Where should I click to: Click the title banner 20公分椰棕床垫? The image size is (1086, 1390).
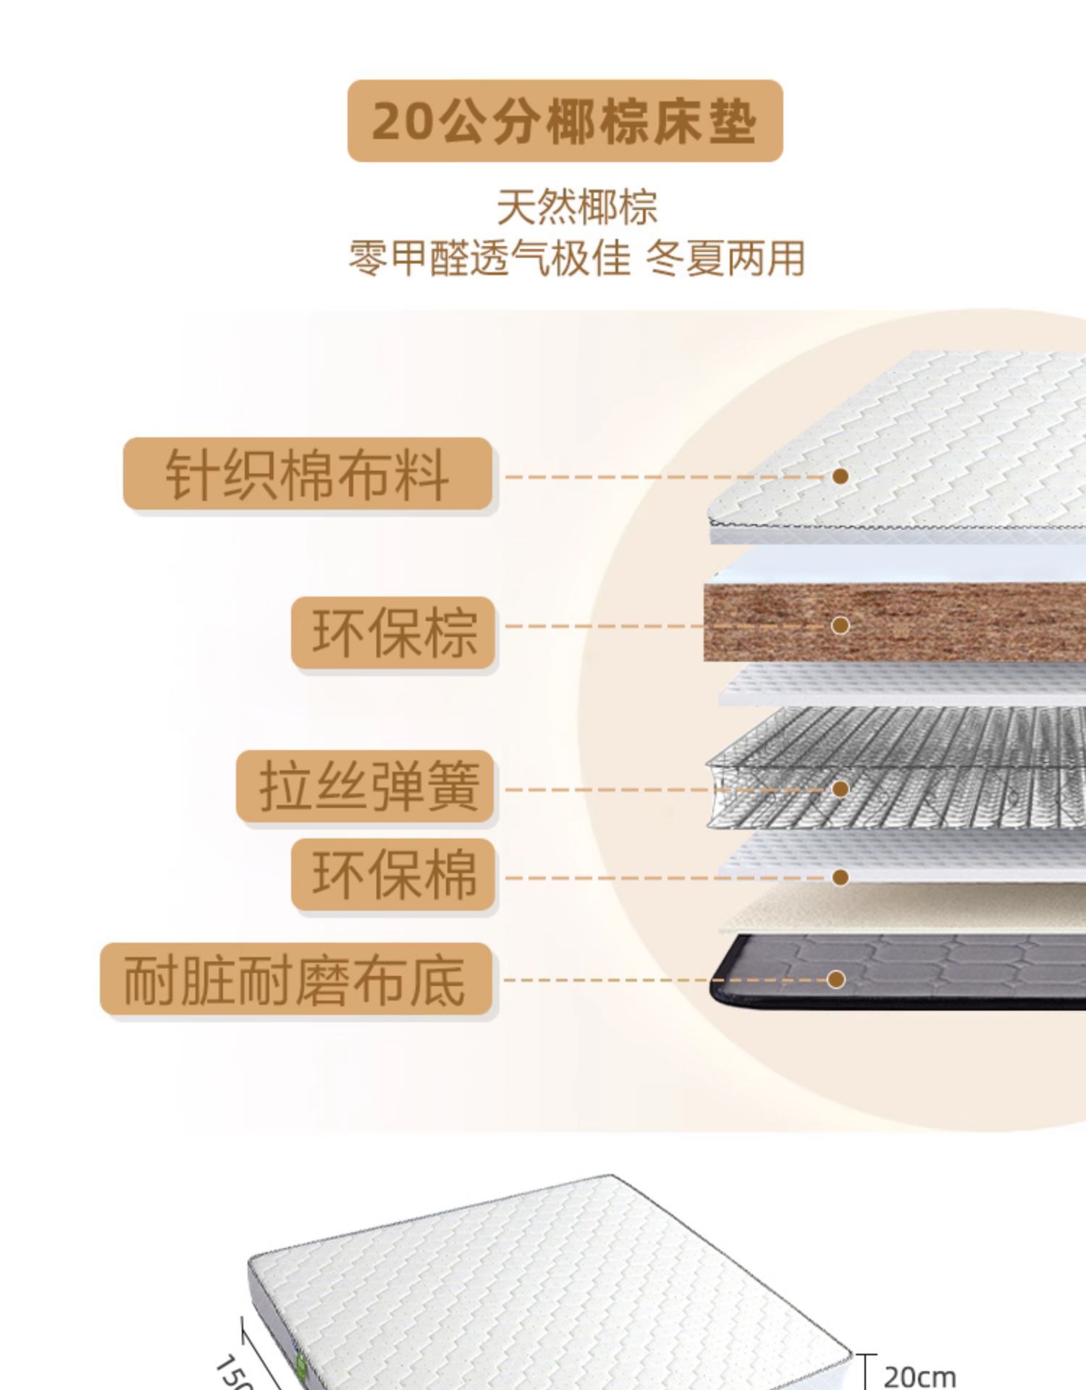[565, 121]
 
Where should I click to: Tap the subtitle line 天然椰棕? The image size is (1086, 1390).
[577, 208]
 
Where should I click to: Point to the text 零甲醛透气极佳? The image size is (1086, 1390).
[489, 258]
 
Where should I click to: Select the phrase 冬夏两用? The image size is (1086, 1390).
[725, 258]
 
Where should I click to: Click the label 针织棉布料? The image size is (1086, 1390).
[308, 474]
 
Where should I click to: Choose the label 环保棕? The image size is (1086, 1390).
[394, 632]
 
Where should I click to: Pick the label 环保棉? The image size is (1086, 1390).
[394, 875]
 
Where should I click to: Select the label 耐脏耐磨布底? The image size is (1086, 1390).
[295, 979]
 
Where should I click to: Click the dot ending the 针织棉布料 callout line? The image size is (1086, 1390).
[840, 476]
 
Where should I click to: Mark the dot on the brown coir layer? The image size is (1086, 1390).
[840, 625]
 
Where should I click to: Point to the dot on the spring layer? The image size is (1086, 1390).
[840, 788]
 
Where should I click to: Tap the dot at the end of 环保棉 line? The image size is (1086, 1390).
[840, 877]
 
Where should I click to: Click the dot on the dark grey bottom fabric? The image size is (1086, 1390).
[836, 980]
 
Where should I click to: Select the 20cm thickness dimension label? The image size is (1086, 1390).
[919, 1376]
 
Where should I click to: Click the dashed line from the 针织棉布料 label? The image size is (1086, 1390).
[666, 477]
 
